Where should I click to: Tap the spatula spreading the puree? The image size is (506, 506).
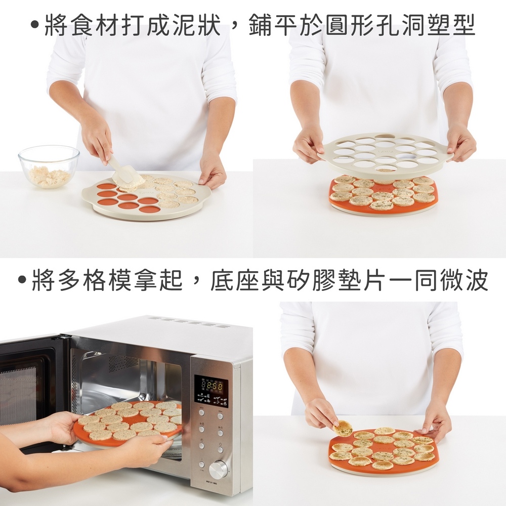pyautogui.click(x=122, y=171)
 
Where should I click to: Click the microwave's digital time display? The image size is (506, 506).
pyautogui.click(x=212, y=385)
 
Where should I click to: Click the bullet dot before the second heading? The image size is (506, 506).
pyautogui.click(x=22, y=280)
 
